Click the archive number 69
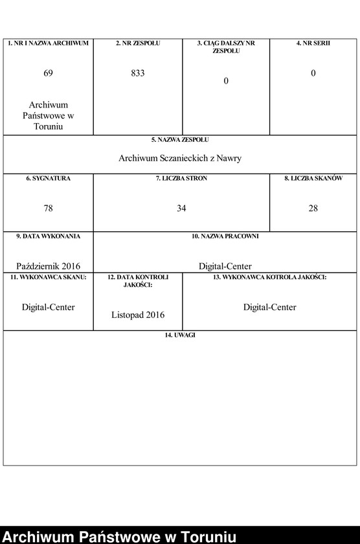(x=48, y=73)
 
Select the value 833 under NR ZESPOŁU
(x=137, y=73)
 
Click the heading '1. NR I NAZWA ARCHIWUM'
(x=48, y=43)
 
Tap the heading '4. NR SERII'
(x=313, y=43)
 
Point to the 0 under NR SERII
(x=313, y=73)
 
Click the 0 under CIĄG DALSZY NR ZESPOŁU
(x=226, y=81)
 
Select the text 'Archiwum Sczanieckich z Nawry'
(x=180, y=158)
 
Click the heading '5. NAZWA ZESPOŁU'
(x=180, y=140)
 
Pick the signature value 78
(x=48, y=208)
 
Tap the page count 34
(x=181, y=208)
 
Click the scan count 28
(x=313, y=208)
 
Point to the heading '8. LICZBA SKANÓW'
(x=313, y=178)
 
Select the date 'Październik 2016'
(x=48, y=266)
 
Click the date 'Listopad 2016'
(x=137, y=315)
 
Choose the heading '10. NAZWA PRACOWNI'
(x=225, y=236)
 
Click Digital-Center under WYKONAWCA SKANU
(x=48, y=307)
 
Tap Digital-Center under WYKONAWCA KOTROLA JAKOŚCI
(x=269, y=307)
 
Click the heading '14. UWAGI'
(x=180, y=335)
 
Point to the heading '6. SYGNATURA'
(x=48, y=178)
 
